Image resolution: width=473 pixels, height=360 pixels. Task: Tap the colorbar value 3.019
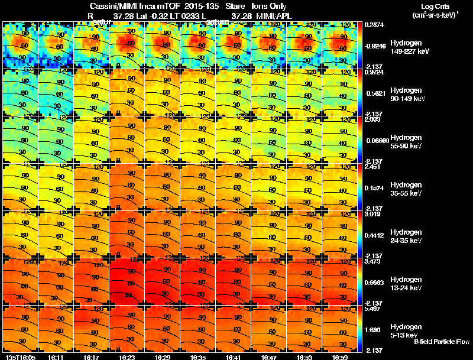pyautogui.click(x=372, y=215)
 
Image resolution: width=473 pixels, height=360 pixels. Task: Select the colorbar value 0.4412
pyautogui.click(x=374, y=235)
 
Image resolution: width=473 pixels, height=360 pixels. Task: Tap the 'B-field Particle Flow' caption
pyautogui.click(x=441, y=342)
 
